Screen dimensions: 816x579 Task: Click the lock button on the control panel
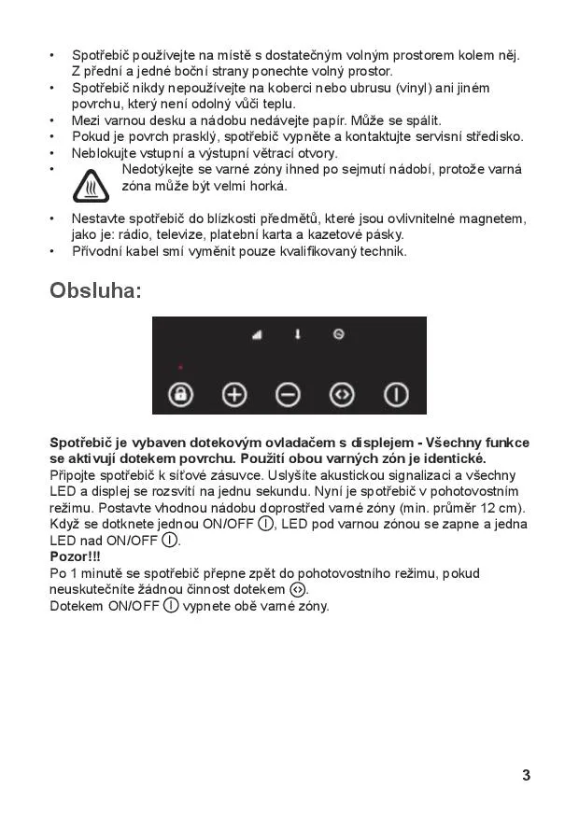(x=179, y=394)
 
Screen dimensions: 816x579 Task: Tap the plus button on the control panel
(x=233, y=394)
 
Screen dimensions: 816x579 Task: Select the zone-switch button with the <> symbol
(x=343, y=394)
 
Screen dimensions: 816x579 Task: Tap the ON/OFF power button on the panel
(x=397, y=394)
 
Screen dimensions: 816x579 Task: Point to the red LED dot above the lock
(x=180, y=367)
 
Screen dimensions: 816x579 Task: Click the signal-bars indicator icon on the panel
(x=257, y=334)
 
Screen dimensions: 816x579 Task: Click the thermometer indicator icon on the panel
(x=298, y=333)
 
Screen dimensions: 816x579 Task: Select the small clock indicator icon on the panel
(x=338, y=333)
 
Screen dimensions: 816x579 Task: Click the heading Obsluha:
(x=95, y=290)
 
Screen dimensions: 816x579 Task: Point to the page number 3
(x=527, y=775)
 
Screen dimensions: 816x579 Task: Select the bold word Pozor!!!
(x=75, y=556)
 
